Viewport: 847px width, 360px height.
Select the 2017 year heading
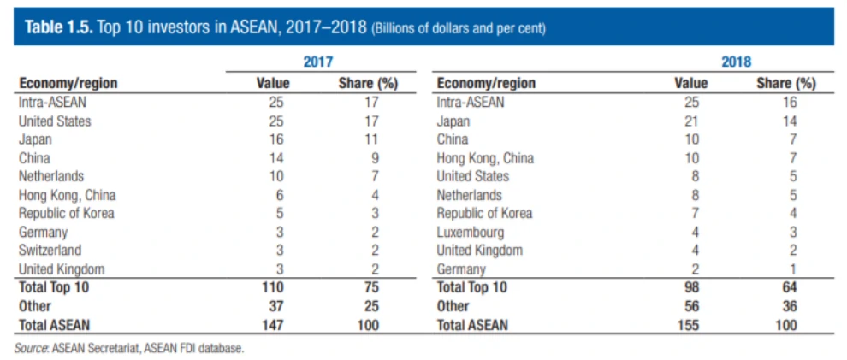pyautogui.click(x=317, y=62)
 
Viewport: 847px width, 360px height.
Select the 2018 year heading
pyautogui.click(x=735, y=62)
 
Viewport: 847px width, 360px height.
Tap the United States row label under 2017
pyautogui.click(x=54, y=121)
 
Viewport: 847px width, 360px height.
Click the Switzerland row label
pyautogui.click(x=50, y=251)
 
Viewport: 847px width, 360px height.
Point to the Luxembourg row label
pyautogui.click(x=470, y=232)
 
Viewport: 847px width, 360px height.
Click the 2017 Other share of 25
pyautogui.click(x=370, y=306)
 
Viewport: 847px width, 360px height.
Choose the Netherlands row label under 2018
pyautogui.click(x=469, y=195)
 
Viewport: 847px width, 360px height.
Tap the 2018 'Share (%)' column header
pyautogui.click(x=785, y=83)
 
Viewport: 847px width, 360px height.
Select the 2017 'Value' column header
pyautogui.click(x=273, y=83)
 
